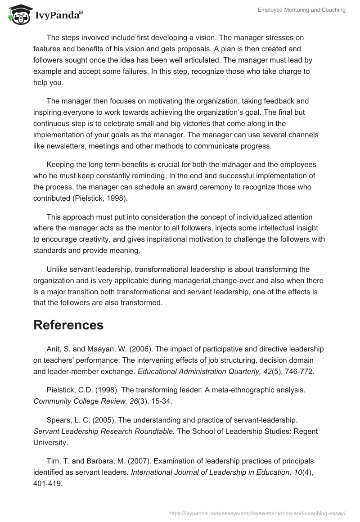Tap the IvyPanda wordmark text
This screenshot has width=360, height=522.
click(x=58, y=16)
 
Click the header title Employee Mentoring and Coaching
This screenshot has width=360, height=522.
click(x=301, y=10)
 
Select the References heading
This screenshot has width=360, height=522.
click(x=68, y=324)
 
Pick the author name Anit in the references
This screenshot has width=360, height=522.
click(x=54, y=349)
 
